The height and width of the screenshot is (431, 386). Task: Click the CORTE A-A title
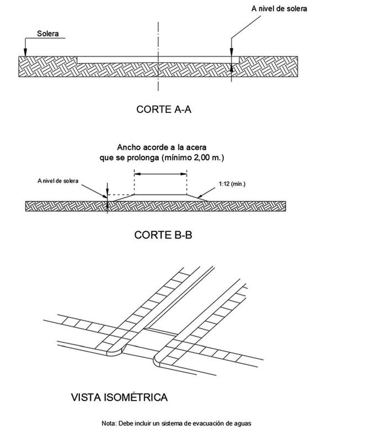click(x=163, y=109)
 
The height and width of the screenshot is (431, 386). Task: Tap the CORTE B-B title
click(x=163, y=235)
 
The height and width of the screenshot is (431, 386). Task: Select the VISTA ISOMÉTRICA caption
click(x=119, y=396)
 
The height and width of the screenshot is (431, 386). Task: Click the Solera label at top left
click(x=48, y=33)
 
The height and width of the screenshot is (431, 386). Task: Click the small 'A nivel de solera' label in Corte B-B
click(x=58, y=181)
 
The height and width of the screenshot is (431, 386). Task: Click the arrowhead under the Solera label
click(x=25, y=53)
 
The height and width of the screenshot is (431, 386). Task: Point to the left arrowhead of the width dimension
click(x=137, y=174)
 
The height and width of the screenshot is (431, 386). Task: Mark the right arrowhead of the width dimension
click(x=184, y=174)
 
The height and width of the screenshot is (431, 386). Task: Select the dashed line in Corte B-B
click(x=120, y=195)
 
